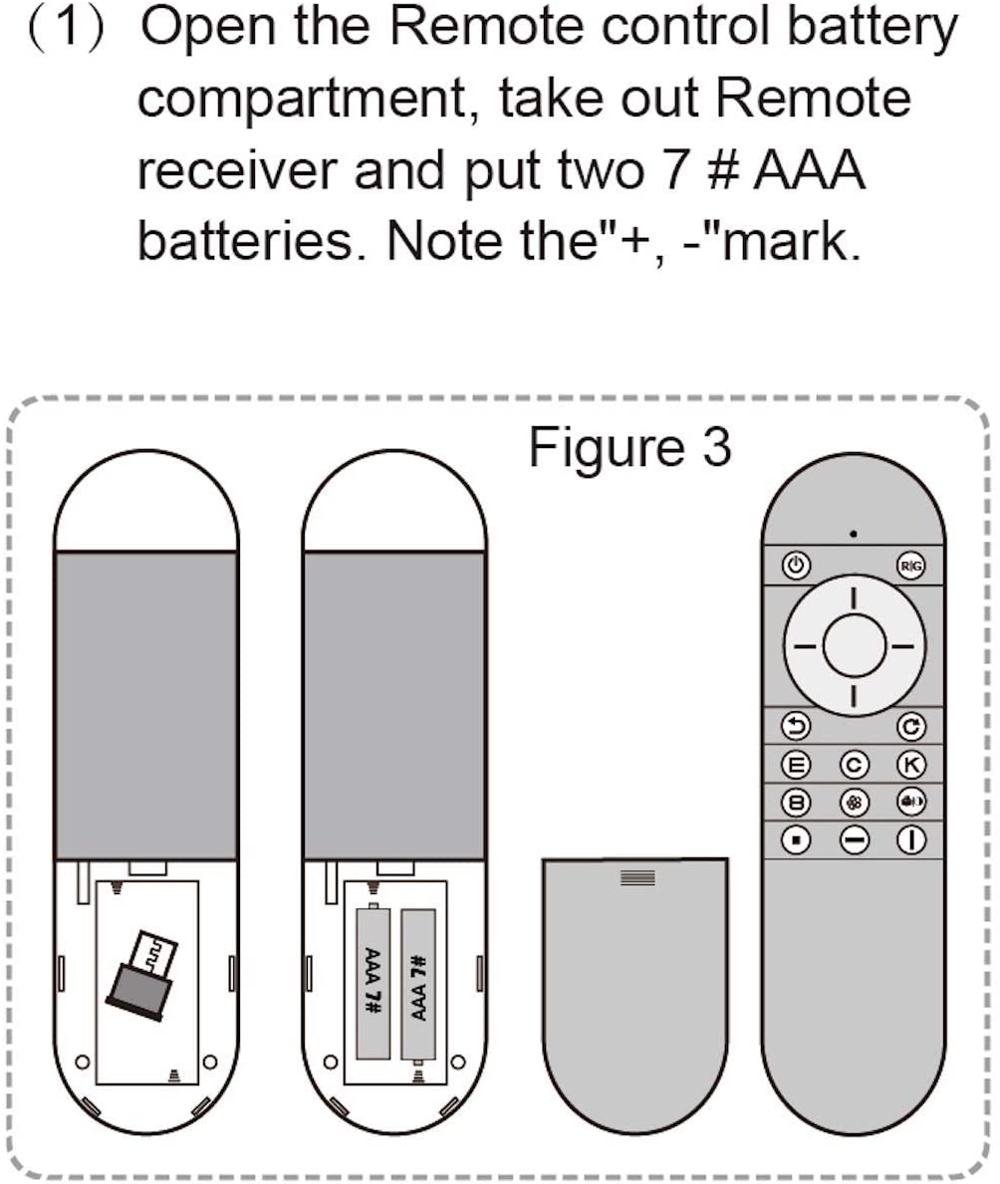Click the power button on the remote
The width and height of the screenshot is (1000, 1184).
(x=795, y=566)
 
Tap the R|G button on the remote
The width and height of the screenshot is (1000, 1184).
(x=911, y=566)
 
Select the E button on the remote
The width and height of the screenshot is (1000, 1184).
(x=796, y=764)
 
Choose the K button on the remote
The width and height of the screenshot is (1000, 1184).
(x=911, y=764)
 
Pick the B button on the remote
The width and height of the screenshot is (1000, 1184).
(x=796, y=802)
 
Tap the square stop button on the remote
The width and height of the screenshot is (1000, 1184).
(x=796, y=839)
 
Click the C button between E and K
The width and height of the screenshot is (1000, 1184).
(x=854, y=764)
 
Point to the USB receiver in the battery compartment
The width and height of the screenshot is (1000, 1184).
(x=141, y=973)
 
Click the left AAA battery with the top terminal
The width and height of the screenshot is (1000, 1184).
(x=373, y=980)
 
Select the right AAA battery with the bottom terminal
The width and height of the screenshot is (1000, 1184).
(x=418, y=986)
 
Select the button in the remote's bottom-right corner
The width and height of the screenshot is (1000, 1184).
(x=911, y=839)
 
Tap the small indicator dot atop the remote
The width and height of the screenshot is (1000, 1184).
(x=854, y=534)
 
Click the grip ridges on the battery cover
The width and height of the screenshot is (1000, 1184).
(x=637, y=877)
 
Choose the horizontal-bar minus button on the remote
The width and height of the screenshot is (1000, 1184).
(x=854, y=839)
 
